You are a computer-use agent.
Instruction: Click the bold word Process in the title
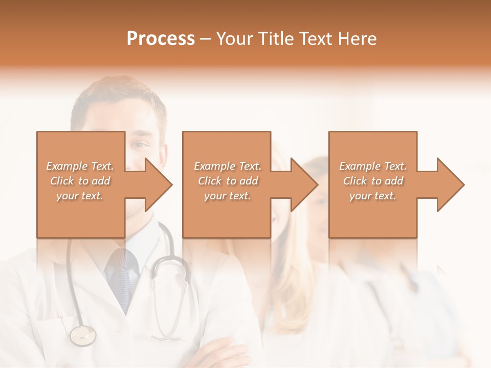coord(161,39)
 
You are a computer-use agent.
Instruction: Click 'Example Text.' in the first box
coord(80,166)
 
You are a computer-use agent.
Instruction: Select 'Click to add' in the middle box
coord(228,181)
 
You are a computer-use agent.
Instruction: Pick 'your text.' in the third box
coord(372,196)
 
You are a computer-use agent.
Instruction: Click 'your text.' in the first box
coord(80,196)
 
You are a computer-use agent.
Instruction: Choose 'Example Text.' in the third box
coord(373,166)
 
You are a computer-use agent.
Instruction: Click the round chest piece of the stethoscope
coord(82,335)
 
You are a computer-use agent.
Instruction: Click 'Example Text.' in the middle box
coord(228,166)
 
